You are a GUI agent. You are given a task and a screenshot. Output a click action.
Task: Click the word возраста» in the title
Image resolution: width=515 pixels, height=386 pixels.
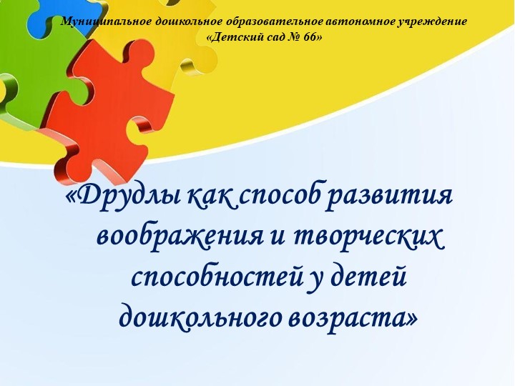pyautogui.click(x=353, y=314)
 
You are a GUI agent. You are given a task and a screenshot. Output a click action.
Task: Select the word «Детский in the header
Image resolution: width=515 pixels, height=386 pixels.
pyautogui.click(x=237, y=36)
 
